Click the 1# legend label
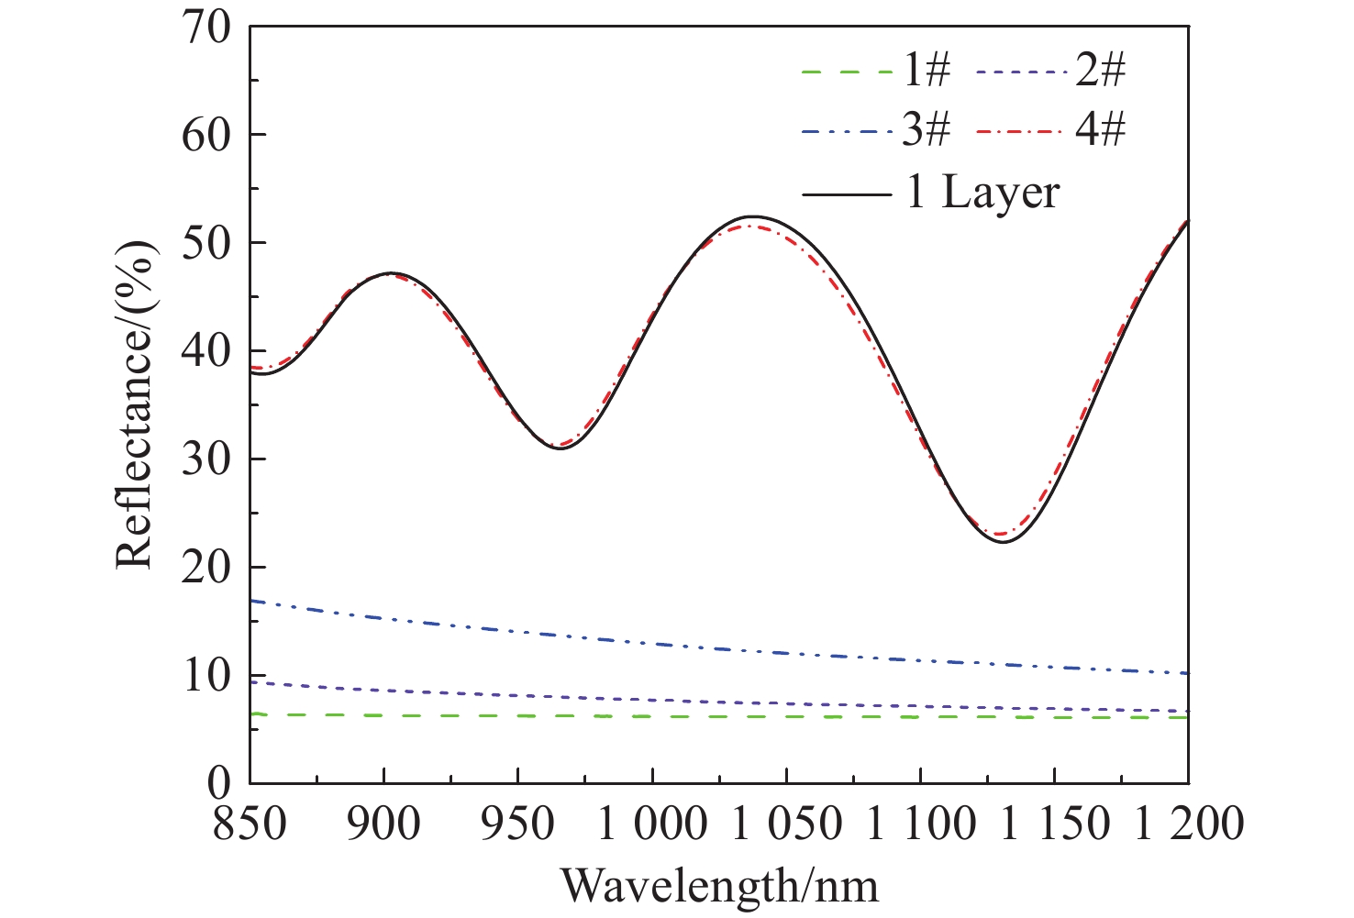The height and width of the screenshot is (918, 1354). [x=927, y=71]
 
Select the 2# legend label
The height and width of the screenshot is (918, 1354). [x=1100, y=71]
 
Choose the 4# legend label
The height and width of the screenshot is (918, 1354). [x=1100, y=131]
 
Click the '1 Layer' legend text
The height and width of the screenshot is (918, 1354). [x=982, y=194]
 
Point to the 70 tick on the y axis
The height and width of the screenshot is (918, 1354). [x=207, y=28]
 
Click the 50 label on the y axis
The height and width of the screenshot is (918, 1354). [x=207, y=243]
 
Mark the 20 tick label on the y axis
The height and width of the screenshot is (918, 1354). [x=207, y=568]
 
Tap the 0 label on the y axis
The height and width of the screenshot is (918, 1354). [x=220, y=784]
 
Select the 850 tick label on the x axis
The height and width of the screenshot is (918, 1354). [x=250, y=824]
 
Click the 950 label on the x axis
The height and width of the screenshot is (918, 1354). [x=518, y=824]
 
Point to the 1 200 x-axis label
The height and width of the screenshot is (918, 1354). [x=1188, y=824]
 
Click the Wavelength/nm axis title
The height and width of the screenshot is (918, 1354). [x=719, y=886]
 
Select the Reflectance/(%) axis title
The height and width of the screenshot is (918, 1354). [x=135, y=404]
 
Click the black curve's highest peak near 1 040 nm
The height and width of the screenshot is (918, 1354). [x=754, y=216]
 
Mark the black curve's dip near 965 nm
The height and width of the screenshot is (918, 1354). [x=559, y=448]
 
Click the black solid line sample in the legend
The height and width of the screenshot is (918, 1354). [x=846, y=194]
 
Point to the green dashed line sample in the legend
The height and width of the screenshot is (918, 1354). [x=846, y=72]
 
